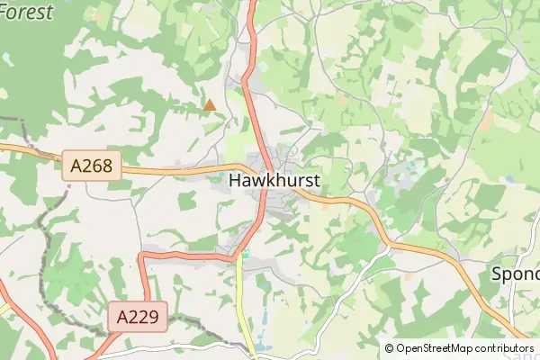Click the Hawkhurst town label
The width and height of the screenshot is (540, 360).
[x=274, y=180]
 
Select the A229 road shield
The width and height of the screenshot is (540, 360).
[x=138, y=317]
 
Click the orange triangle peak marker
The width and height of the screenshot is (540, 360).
[x=210, y=105]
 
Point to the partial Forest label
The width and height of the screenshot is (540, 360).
[x=27, y=11]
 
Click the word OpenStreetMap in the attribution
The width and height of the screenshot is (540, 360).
[x=436, y=348]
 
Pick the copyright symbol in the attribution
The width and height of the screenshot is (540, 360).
[x=389, y=348]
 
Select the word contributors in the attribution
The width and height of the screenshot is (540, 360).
[x=505, y=348]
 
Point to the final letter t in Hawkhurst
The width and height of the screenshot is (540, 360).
[x=316, y=180]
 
